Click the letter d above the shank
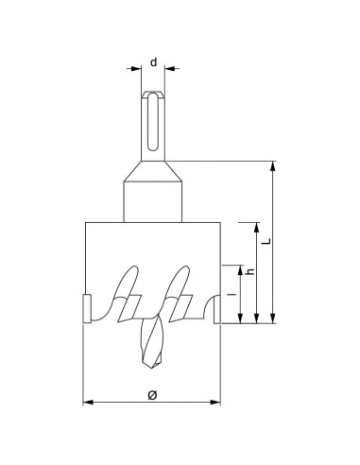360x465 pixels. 153,61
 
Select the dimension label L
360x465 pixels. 266,242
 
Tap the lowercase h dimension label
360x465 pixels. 249,271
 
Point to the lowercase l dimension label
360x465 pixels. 231,295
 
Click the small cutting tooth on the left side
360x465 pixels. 85,309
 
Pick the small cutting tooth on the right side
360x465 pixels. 218,309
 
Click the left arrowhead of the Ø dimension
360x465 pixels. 89,403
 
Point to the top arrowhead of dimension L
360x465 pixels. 274,166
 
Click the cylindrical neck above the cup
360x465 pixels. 153,200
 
